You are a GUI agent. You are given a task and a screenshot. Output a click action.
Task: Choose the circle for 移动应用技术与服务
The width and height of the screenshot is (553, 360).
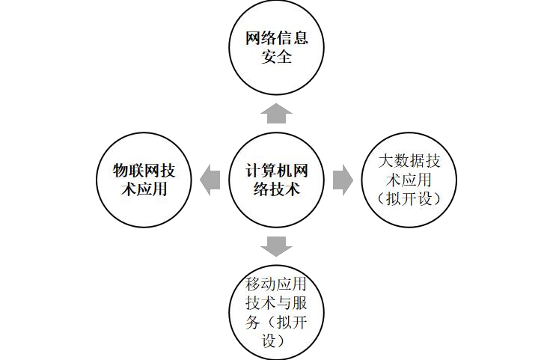point(276,311)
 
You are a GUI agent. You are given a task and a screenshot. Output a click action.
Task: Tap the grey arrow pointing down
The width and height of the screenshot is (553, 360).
point(276,245)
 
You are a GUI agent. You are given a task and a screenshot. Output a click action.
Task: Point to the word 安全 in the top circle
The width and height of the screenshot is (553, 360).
point(276,57)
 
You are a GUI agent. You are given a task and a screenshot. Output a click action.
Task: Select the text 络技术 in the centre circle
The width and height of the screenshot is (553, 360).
point(276,189)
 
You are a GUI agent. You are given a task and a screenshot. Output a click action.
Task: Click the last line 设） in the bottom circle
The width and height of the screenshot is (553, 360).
point(276,341)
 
